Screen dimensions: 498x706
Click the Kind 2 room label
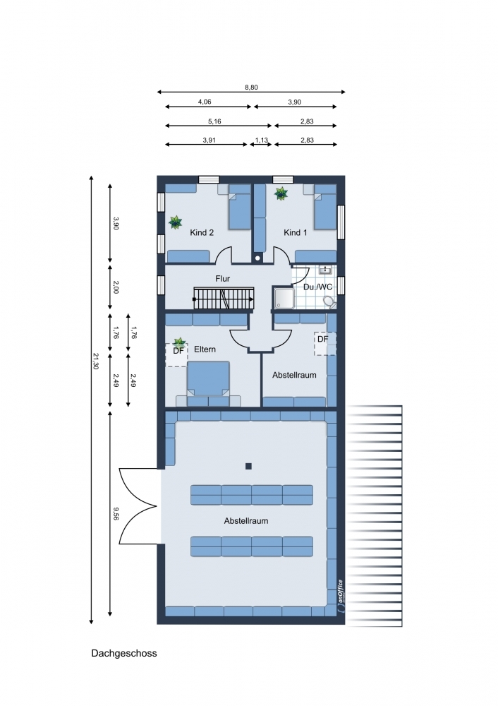(x=202, y=233)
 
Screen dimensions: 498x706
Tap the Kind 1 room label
(x=295, y=233)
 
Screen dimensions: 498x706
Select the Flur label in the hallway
(x=222, y=279)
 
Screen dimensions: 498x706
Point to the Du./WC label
(x=317, y=287)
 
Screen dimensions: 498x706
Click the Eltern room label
(x=205, y=349)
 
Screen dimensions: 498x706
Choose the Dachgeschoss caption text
(x=124, y=653)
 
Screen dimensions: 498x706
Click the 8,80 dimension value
(x=252, y=88)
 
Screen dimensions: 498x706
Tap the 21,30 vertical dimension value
(x=95, y=361)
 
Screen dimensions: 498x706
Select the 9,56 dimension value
(x=116, y=513)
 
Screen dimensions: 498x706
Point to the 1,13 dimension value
(x=262, y=140)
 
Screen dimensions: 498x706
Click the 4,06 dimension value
(x=205, y=102)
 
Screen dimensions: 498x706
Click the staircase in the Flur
(x=224, y=299)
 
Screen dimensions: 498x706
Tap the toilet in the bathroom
(x=329, y=301)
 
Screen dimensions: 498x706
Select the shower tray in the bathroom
(x=284, y=298)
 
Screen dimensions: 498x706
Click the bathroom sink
(x=324, y=270)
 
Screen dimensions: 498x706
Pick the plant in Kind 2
(x=175, y=222)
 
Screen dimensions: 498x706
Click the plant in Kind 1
(x=281, y=193)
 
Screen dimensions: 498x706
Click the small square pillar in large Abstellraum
(x=248, y=467)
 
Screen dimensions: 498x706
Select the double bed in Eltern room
(x=208, y=383)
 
